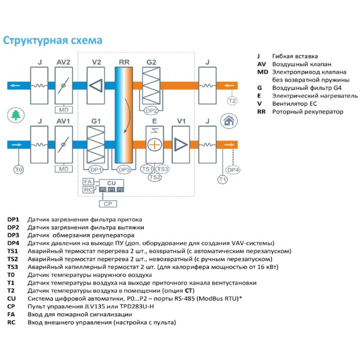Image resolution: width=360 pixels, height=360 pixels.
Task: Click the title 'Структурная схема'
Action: (53, 40)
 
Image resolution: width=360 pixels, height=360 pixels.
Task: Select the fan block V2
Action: (96, 85)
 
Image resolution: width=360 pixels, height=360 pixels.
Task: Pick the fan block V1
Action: (181, 144)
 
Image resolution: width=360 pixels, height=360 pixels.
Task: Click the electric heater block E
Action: (154, 144)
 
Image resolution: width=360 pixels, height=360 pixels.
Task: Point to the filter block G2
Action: (151, 85)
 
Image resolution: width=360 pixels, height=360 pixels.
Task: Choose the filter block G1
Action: (96, 144)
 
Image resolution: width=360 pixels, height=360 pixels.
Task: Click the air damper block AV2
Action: (64, 85)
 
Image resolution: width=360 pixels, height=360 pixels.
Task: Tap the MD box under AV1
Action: (64, 168)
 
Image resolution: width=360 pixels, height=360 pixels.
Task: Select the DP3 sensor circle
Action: (124, 169)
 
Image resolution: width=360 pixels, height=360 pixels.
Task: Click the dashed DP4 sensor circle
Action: (233, 169)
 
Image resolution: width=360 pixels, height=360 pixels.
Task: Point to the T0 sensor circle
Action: (19, 169)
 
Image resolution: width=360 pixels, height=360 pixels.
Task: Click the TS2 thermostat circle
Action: (154, 177)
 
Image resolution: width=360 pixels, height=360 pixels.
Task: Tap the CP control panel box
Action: (107, 204)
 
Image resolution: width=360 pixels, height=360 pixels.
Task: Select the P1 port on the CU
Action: (112, 190)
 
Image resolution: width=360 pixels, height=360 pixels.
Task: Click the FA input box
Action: (87, 182)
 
